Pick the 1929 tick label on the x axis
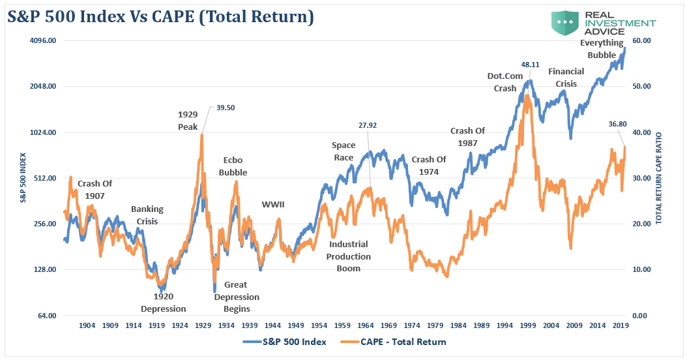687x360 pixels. point(203,325)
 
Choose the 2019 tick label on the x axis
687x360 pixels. point(619,325)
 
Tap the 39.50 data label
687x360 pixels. point(226,109)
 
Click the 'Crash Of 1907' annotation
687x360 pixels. point(95,189)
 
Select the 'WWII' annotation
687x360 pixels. point(274,205)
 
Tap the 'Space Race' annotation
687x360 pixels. point(343,151)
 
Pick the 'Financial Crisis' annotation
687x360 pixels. point(566,77)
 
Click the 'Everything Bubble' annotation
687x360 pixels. point(602,49)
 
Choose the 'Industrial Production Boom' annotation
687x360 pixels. point(349,256)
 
